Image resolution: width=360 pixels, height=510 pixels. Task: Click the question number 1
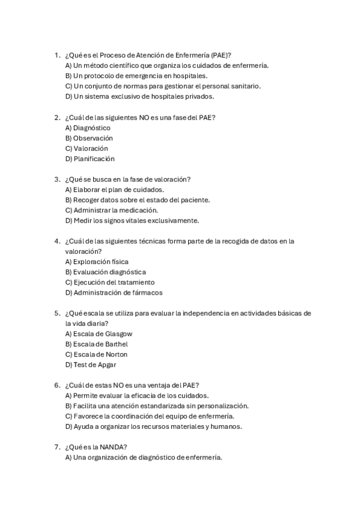(x=56, y=55)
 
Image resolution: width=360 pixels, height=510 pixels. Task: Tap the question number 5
(x=56, y=313)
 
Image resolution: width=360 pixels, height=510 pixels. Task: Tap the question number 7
(x=56, y=447)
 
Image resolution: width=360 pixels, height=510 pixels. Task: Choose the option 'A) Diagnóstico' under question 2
(x=88, y=127)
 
